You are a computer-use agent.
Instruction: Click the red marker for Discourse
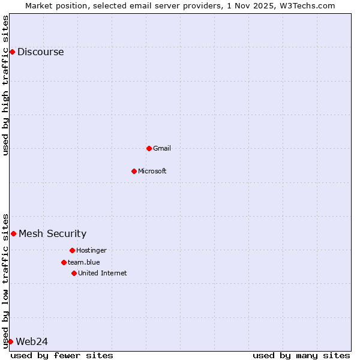coord(12,52)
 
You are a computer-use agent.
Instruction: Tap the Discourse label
coord(40,52)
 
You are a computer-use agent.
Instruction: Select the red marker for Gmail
coord(149,148)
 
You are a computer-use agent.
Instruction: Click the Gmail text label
coord(162,148)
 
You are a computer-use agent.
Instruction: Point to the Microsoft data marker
coord(134,171)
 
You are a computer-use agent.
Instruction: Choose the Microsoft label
coord(152,171)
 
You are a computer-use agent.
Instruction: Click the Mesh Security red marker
coord(13,233)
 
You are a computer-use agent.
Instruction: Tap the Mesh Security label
coord(52,233)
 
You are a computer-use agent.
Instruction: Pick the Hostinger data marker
coord(72,250)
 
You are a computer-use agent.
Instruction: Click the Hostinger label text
coord(91,250)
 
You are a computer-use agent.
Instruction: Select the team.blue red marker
coord(64,262)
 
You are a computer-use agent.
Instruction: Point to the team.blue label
coord(84,262)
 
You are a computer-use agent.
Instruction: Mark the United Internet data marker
coord(74,273)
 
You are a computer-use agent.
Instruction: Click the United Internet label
coord(103,273)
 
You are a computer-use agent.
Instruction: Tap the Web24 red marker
coord(10,341)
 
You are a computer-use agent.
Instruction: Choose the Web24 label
coord(32,341)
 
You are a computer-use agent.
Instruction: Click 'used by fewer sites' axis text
coord(62,355)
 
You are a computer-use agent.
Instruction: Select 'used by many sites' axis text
coord(301,355)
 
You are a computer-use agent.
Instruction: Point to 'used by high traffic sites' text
coord(5,85)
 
